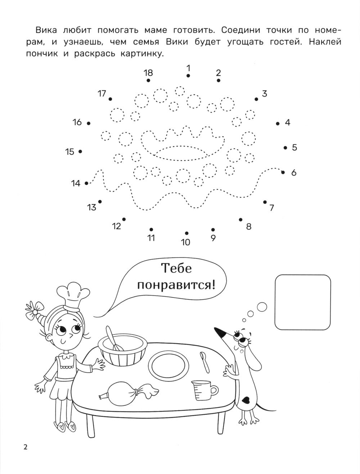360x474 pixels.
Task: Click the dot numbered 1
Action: (x=188, y=76)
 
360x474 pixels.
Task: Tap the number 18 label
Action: (x=148, y=73)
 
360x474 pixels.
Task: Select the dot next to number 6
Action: (x=283, y=172)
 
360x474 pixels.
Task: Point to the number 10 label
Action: (x=185, y=242)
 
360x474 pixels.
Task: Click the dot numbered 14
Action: (x=86, y=183)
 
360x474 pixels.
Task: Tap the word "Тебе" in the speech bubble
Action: (x=176, y=268)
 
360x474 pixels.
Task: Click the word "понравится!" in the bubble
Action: (x=176, y=286)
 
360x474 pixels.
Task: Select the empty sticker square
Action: (x=303, y=302)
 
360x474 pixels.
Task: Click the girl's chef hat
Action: (x=73, y=296)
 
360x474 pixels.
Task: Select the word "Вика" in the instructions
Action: (x=46, y=30)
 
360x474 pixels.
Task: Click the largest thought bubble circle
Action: (x=262, y=307)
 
